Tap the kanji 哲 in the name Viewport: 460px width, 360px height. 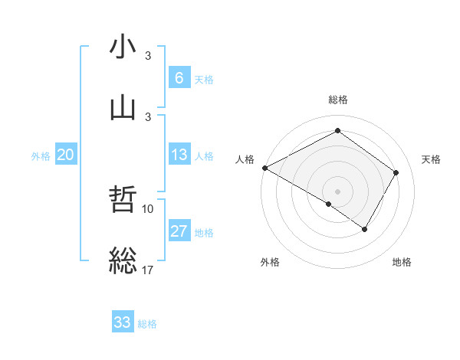[x=123, y=200]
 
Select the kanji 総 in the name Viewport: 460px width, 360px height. [x=123, y=260]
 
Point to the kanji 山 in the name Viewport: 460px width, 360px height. [x=123, y=108]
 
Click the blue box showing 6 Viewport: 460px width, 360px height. [x=179, y=77]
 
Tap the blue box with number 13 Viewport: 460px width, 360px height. [x=179, y=155]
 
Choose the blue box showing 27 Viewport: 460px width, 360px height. [x=179, y=231]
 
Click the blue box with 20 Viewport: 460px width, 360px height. [x=65, y=155]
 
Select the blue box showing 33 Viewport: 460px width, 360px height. [x=122, y=322]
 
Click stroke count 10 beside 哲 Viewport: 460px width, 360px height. [x=148, y=208]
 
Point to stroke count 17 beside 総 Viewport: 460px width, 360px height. [x=148, y=269]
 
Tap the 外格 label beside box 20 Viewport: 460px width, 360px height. [x=41, y=155]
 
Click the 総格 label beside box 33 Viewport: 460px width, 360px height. [x=147, y=323]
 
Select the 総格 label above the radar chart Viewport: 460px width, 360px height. [x=337, y=100]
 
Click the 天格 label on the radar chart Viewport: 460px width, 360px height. [x=431, y=159]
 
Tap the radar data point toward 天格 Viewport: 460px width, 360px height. [x=396, y=172]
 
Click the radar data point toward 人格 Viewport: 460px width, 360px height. [x=264, y=167]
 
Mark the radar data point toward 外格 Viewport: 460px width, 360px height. [x=329, y=204]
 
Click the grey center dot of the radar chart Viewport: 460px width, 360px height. [x=337, y=191]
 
